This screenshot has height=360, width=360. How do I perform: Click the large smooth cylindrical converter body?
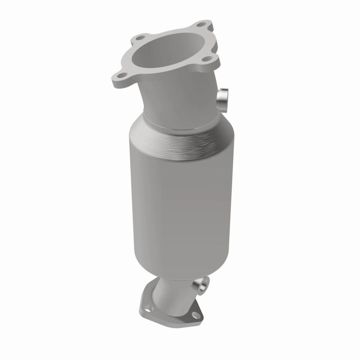tap(175, 202)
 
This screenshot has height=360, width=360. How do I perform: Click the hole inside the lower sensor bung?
tap(203, 284)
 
